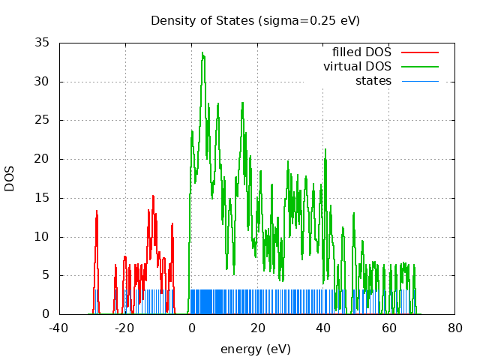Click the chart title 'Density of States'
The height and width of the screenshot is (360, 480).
[x=202, y=20]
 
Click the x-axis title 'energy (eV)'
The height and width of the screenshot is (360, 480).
[x=255, y=349]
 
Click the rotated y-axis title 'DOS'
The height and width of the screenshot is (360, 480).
[x=10, y=178]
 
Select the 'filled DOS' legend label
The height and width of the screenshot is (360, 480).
[x=361, y=52]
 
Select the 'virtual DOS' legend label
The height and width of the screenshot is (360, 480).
[x=357, y=67]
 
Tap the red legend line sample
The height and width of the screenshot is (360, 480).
[x=419, y=52]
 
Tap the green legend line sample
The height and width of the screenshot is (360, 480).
[x=419, y=67]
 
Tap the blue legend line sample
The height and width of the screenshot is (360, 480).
[x=419, y=81]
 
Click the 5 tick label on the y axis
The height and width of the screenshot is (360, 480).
[x=46, y=275]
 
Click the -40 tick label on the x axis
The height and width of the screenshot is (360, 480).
[x=59, y=328]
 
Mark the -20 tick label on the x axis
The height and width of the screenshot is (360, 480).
[x=125, y=328]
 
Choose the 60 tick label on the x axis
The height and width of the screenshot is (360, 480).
[x=388, y=328]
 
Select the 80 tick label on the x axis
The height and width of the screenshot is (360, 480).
[x=454, y=328]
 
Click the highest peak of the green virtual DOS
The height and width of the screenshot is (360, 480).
[x=202, y=52]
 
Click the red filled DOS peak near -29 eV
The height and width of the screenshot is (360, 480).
[x=97, y=211]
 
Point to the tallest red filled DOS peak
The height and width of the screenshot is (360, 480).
[x=153, y=196]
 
